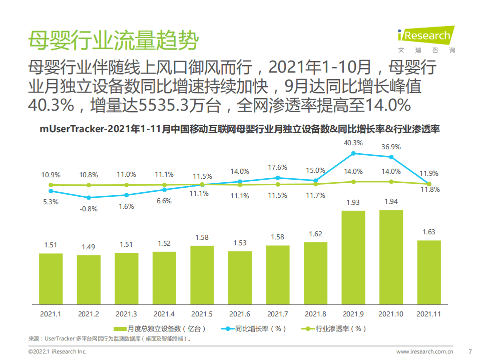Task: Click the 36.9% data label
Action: [x=391, y=147]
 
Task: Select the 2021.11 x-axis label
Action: [x=428, y=314]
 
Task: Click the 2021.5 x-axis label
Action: [x=202, y=314]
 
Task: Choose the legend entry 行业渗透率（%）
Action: [x=335, y=328]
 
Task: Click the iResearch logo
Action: [x=425, y=38]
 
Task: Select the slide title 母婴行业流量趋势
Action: [x=112, y=40]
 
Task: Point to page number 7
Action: [x=469, y=351]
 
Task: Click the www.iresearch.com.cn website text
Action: [x=424, y=351]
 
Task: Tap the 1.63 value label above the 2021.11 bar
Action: [x=428, y=232]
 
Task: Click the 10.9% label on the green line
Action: [x=51, y=175]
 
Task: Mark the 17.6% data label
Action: [x=277, y=167]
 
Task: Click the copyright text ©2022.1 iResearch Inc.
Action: [x=58, y=351]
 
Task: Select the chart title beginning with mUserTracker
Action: [x=240, y=129]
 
